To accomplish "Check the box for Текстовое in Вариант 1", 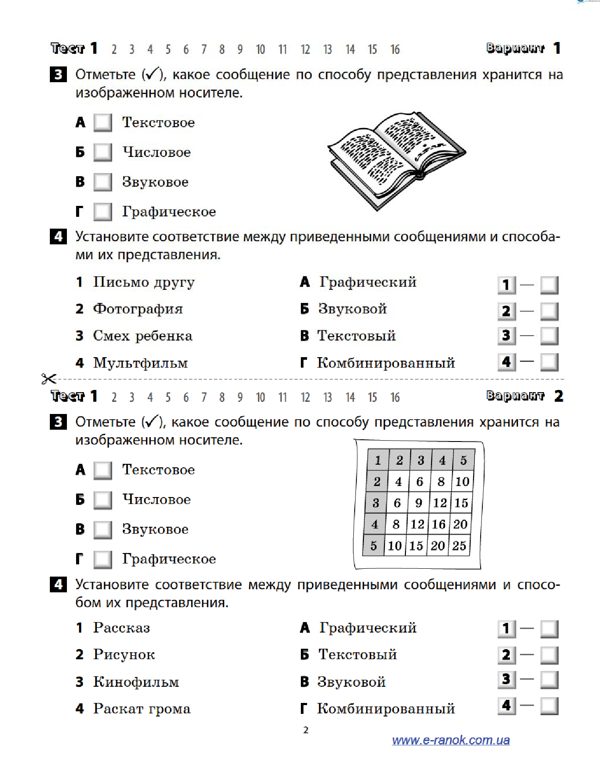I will (x=103, y=122).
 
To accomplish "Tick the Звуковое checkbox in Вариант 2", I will (x=103, y=529).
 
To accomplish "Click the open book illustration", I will (x=396, y=160).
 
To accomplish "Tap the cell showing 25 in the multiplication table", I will (x=459, y=546).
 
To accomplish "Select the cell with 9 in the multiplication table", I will (x=419, y=503).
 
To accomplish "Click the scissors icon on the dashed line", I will (x=49, y=379).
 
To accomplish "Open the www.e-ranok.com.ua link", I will (x=450, y=740).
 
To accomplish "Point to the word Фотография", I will (x=138, y=309).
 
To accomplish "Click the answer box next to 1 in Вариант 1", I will (x=549, y=285).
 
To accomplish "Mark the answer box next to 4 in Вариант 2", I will (x=549, y=706).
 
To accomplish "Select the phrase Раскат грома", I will (x=142, y=709).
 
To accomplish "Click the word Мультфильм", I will (x=140, y=363).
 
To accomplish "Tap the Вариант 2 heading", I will (x=524, y=396).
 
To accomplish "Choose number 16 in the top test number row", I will (x=395, y=49).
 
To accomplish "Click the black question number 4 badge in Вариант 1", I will (x=59, y=236).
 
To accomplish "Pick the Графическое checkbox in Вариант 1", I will (x=103, y=212).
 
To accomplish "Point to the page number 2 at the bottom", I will (x=306, y=730).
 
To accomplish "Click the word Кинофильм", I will (x=136, y=682).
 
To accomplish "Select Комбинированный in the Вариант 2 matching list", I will (x=386, y=709).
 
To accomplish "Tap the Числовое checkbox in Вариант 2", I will (x=103, y=500).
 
